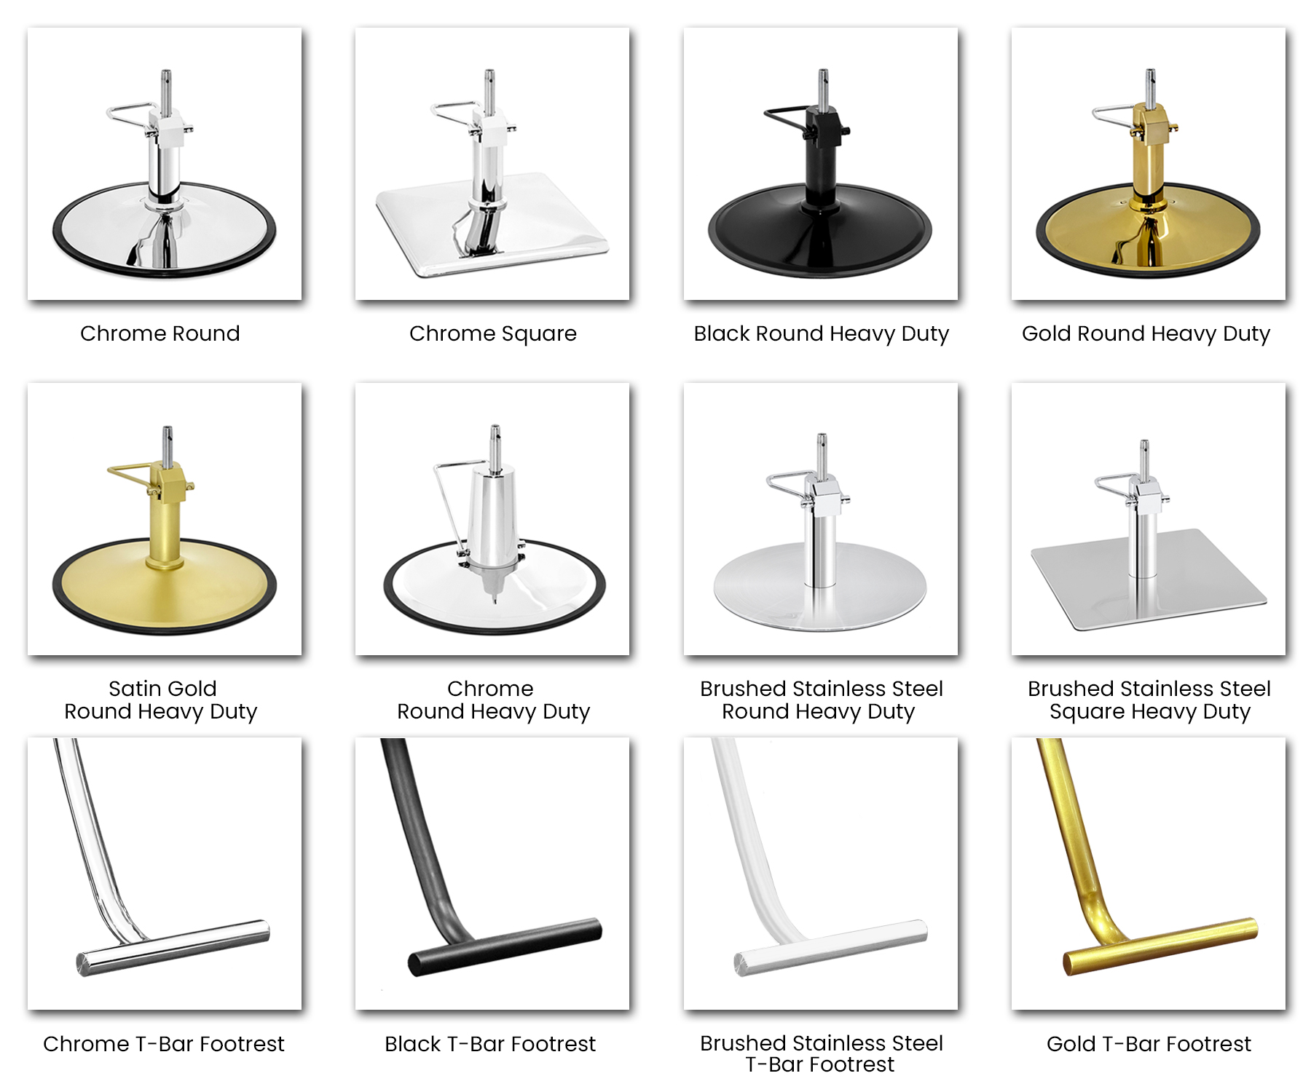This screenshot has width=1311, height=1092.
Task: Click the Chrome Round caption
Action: pos(160,333)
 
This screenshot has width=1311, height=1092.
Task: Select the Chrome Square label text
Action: pos(493,333)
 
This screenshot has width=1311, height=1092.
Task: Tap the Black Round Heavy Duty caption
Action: pos(822,333)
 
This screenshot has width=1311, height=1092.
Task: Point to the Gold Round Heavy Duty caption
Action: pos(1146,333)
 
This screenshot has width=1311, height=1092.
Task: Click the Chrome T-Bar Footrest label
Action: pos(164,1044)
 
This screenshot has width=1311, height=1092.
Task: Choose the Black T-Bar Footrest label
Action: pos(490,1044)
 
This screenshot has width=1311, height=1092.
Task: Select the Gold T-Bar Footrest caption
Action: pos(1149,1044)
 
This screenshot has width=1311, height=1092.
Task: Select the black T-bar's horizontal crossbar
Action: pos(505,946)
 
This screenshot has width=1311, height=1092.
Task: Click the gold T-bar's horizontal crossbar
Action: pos(1160,946)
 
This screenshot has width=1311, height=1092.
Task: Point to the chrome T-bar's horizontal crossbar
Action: pos(173,948)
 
